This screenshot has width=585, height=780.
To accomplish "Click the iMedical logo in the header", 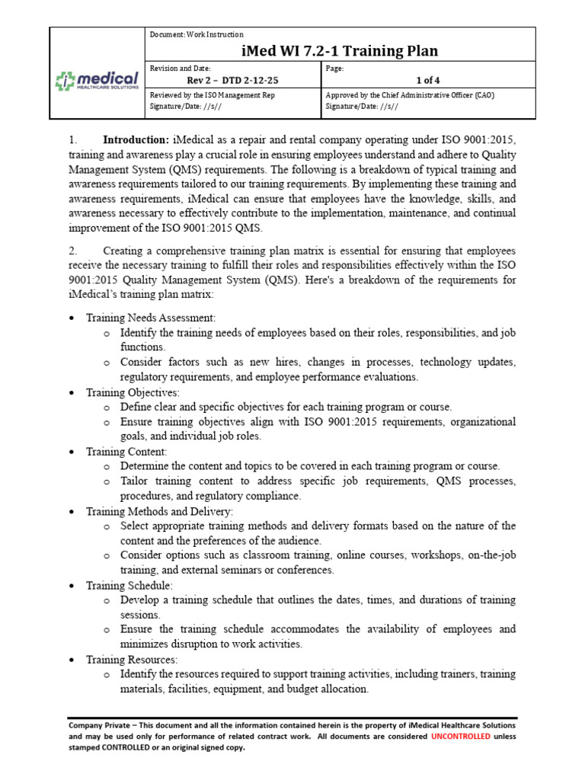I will pyautogui.click(x=97, y=80).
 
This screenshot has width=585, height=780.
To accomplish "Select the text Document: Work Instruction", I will pyautogui.click(x=197, y=34).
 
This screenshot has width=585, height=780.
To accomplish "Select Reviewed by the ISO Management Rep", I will pyautogui.click(x=213, y=95).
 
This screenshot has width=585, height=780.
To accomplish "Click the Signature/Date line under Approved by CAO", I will pyautogui.click(x=361, y=107).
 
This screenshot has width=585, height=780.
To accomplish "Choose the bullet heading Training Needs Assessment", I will pyautogui.click(x=151, y=318).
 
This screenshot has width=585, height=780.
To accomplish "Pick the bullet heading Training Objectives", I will pyautogui.click(x=133, y=392).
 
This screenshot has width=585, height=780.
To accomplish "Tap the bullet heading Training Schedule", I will pyautogui.click(x=129, y=586).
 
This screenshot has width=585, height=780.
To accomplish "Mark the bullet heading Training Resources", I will pyautogui.click(x=132, y=660).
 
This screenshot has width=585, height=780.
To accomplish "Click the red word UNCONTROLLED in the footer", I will pyautogui.click(x=460, y=737).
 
